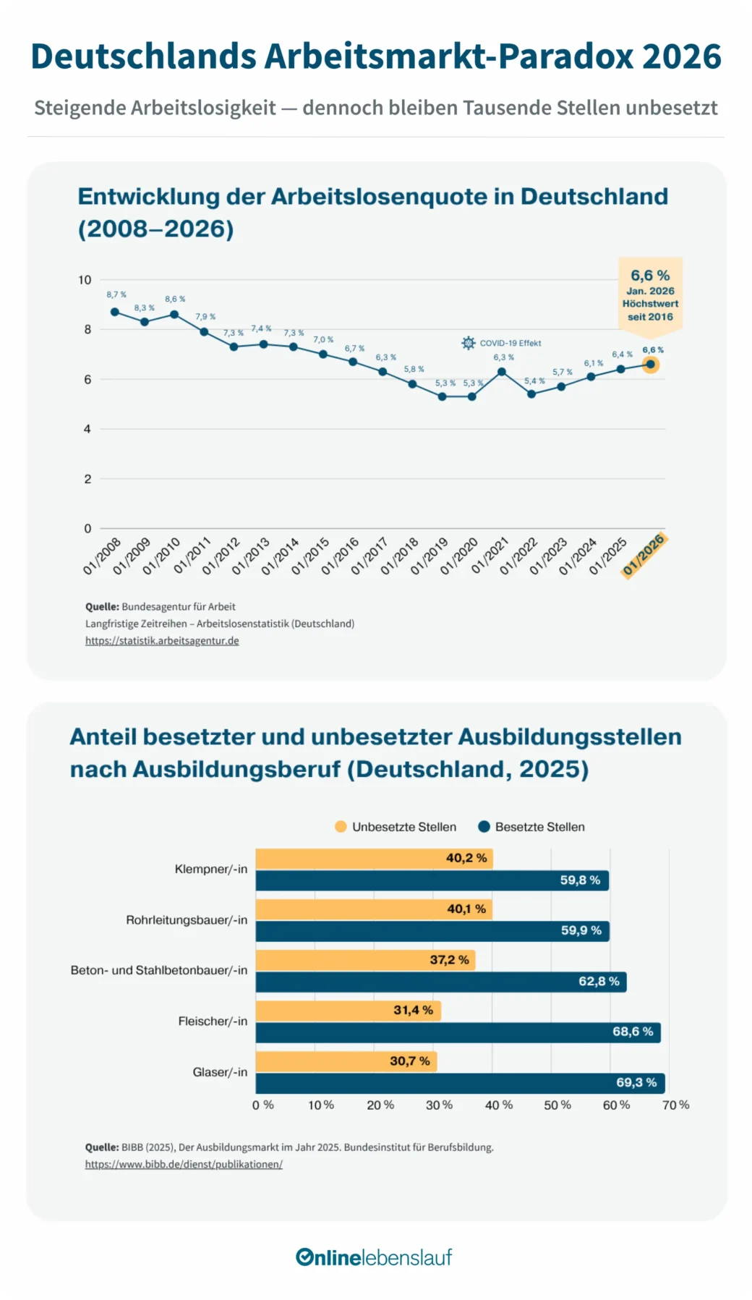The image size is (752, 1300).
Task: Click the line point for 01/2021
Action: click(501, 372)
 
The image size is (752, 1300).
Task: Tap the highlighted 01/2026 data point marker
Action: click(650, 365)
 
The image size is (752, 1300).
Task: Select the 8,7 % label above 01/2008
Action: click(116, 294)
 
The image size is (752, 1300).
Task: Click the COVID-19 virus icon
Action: click(469, 343)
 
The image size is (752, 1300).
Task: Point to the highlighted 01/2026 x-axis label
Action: click(644, 555)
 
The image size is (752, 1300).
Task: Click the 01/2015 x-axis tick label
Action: click(310, 556)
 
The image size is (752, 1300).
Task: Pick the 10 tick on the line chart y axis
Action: click(85, 280)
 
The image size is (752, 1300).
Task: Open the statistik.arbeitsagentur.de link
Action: click(162, 640)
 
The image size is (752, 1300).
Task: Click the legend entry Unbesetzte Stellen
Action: click(396, 827)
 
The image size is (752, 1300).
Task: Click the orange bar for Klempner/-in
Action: click(374, 859)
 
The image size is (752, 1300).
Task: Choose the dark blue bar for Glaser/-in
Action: click(460, 1083)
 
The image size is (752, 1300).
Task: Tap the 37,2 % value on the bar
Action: click(449, 960)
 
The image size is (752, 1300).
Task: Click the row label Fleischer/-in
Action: click(213, 1021)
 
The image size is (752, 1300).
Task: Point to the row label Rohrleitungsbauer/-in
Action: click(187, 920)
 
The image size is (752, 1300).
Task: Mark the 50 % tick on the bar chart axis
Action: click(557, 1105)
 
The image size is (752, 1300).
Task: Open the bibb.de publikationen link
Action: click(184, 1164)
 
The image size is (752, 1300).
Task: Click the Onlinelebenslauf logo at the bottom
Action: click(374, 1257)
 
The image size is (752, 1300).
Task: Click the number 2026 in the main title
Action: click(681, 56)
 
